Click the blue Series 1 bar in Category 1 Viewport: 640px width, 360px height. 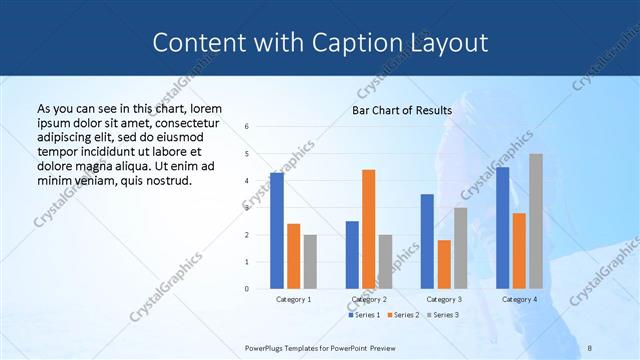pos(277,231)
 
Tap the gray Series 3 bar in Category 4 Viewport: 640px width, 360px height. pos(536,221)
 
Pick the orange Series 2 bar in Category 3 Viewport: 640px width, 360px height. pos(444,264)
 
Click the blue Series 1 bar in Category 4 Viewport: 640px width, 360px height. pos(502,228)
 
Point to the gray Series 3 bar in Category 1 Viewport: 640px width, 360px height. pos(310,262)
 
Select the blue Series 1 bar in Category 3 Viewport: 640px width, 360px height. pos(427,241)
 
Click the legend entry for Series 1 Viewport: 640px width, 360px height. pos(365,315)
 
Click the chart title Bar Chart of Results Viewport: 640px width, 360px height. pos(402,110)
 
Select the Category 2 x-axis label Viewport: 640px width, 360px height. pos(369,299)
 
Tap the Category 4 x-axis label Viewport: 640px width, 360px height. pos(519,299)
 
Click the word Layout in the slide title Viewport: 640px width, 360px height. pos(450,43)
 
